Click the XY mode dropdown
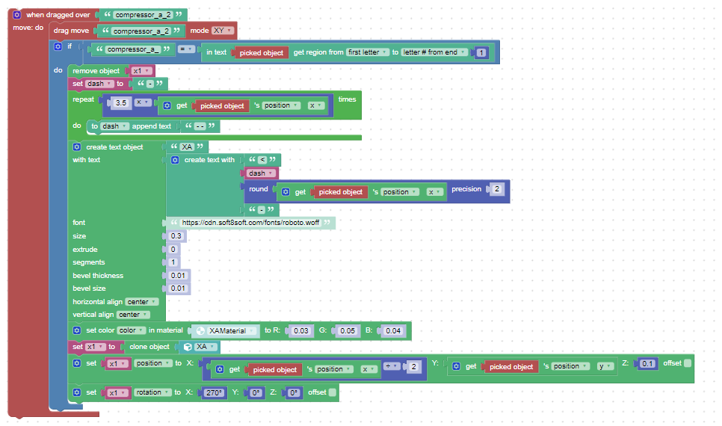(x=223, y=31)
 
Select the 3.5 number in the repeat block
(x=121, y=102)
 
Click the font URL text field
(x=250, y=223)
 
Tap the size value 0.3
(x=176, y=236)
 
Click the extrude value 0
(x=173, y=249)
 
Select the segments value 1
(x=173, y=262)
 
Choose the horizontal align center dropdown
(x=142, y=302)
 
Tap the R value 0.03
(x=301, y=330)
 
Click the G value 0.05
(x=348, y=330)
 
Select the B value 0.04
(x=393, y=330)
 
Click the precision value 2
(x=497, y=189)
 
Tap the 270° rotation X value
(x=214, y=393)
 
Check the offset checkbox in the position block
(x=688, y=363)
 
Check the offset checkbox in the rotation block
(x=333, y=392)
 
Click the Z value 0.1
(x=647, y=364)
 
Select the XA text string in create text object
(x=187, y=147)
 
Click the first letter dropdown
(x=368, y=52)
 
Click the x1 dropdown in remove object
(x=141, y=71)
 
